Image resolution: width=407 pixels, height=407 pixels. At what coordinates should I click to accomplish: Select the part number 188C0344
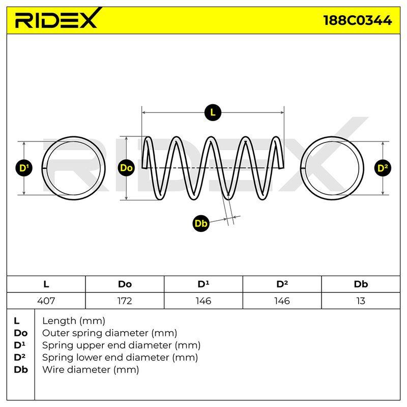(x=358, y=20)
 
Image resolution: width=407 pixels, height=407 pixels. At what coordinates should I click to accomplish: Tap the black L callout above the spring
(x=213, y=112)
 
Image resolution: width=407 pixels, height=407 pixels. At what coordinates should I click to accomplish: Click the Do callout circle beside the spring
(x=126, y=168)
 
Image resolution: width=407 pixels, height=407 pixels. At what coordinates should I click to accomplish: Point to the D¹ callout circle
(x=24, y=168)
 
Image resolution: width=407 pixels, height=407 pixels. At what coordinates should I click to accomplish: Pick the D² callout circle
(x=383, y=168)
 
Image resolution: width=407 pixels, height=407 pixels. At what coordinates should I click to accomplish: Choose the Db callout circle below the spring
(x=201, y=223)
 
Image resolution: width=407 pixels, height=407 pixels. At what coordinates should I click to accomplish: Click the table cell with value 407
(x=46, y=301)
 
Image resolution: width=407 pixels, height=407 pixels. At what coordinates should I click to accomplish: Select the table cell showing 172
(x=125, y=301)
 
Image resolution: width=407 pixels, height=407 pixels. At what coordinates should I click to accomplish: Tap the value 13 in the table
(x=361, y=301)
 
